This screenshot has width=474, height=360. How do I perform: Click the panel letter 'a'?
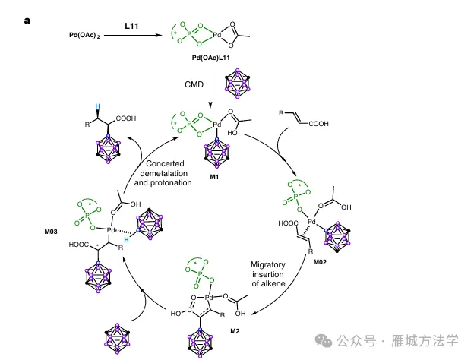click(27, 19)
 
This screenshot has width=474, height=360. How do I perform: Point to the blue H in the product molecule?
click(96, 106)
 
